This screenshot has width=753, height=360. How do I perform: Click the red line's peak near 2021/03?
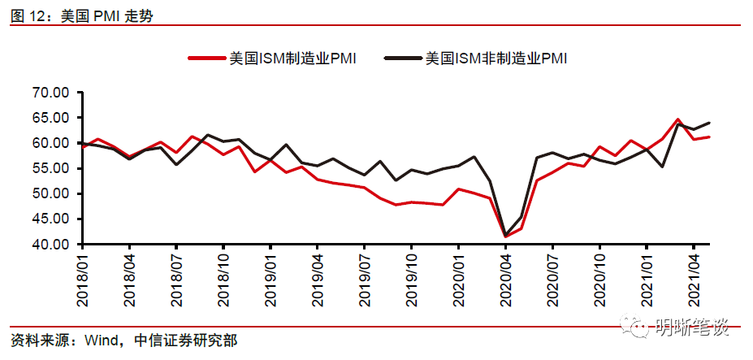(x=677, y=119)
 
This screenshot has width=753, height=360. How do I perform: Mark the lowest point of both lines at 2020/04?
(x=505, y=236)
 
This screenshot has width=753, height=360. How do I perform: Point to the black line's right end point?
(x=709, y=123)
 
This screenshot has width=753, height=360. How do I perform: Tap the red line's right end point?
(x=709, y=137)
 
